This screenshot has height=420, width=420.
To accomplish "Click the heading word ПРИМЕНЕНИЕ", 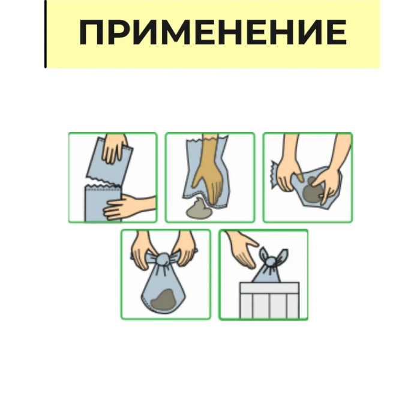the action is tap(213, 32).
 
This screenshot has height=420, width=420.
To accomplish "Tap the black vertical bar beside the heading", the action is tap(45, 34).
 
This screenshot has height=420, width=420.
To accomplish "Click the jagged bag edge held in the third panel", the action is tap(275, 174).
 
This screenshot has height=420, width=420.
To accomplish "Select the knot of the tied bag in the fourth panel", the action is tap(163, 259).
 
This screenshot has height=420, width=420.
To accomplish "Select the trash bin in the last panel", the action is tap(269, 300).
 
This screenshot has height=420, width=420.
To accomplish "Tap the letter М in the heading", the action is tap(171, 32).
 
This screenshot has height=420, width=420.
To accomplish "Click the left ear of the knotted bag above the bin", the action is tap(263, 254).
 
